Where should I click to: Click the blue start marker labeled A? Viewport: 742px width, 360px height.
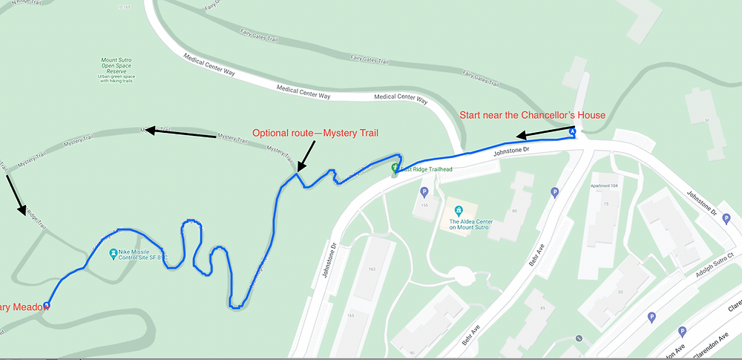[572, 131]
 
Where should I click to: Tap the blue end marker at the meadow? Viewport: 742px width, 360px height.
[47, 305]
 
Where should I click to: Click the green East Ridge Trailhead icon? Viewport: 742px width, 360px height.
[395, 167]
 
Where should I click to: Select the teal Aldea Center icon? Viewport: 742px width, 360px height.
[459, 211]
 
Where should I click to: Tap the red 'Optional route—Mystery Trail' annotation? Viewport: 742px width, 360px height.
[315, 134]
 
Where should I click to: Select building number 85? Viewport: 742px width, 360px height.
[543, 307]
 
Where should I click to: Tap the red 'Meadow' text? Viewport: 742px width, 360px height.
[25, 307]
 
